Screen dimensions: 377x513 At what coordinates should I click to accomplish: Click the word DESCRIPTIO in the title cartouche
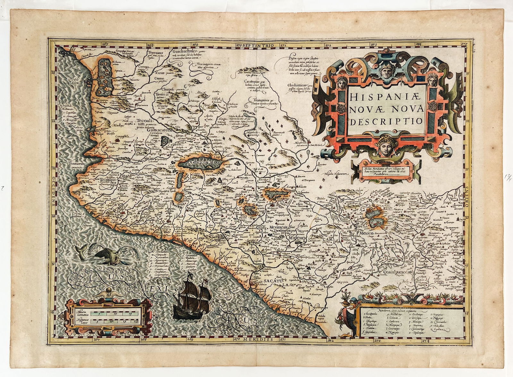pos(389,122)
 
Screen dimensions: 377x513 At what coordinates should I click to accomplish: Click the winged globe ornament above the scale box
pos(109,292)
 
